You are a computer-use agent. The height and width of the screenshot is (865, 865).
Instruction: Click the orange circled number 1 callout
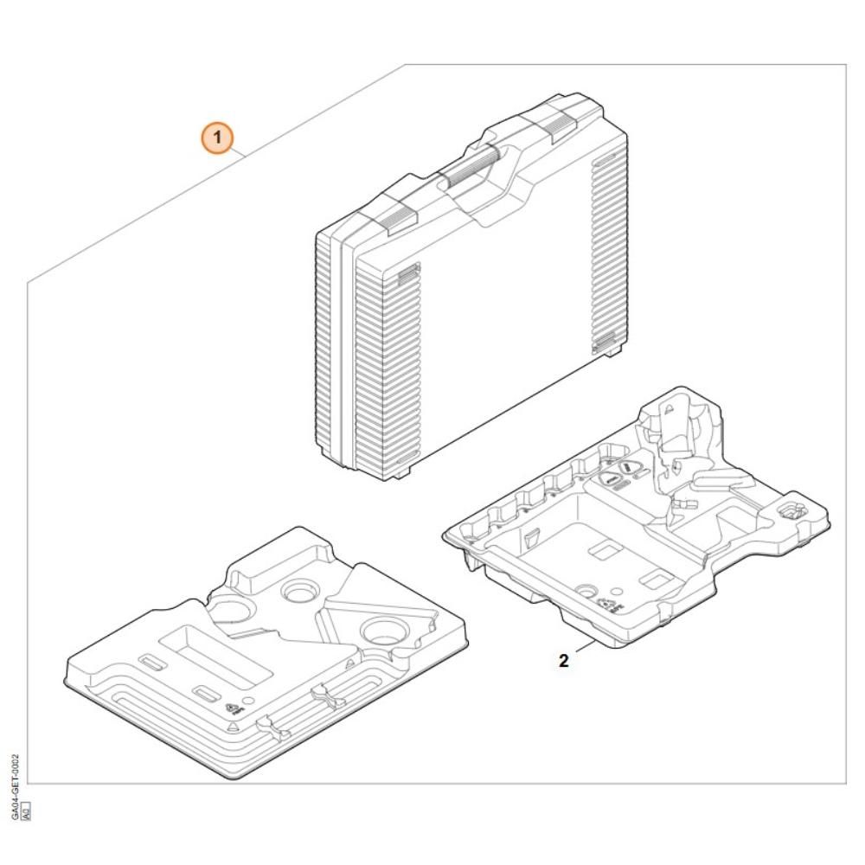coord(218,137)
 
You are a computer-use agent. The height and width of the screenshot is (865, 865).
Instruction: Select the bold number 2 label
coord(563,661)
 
